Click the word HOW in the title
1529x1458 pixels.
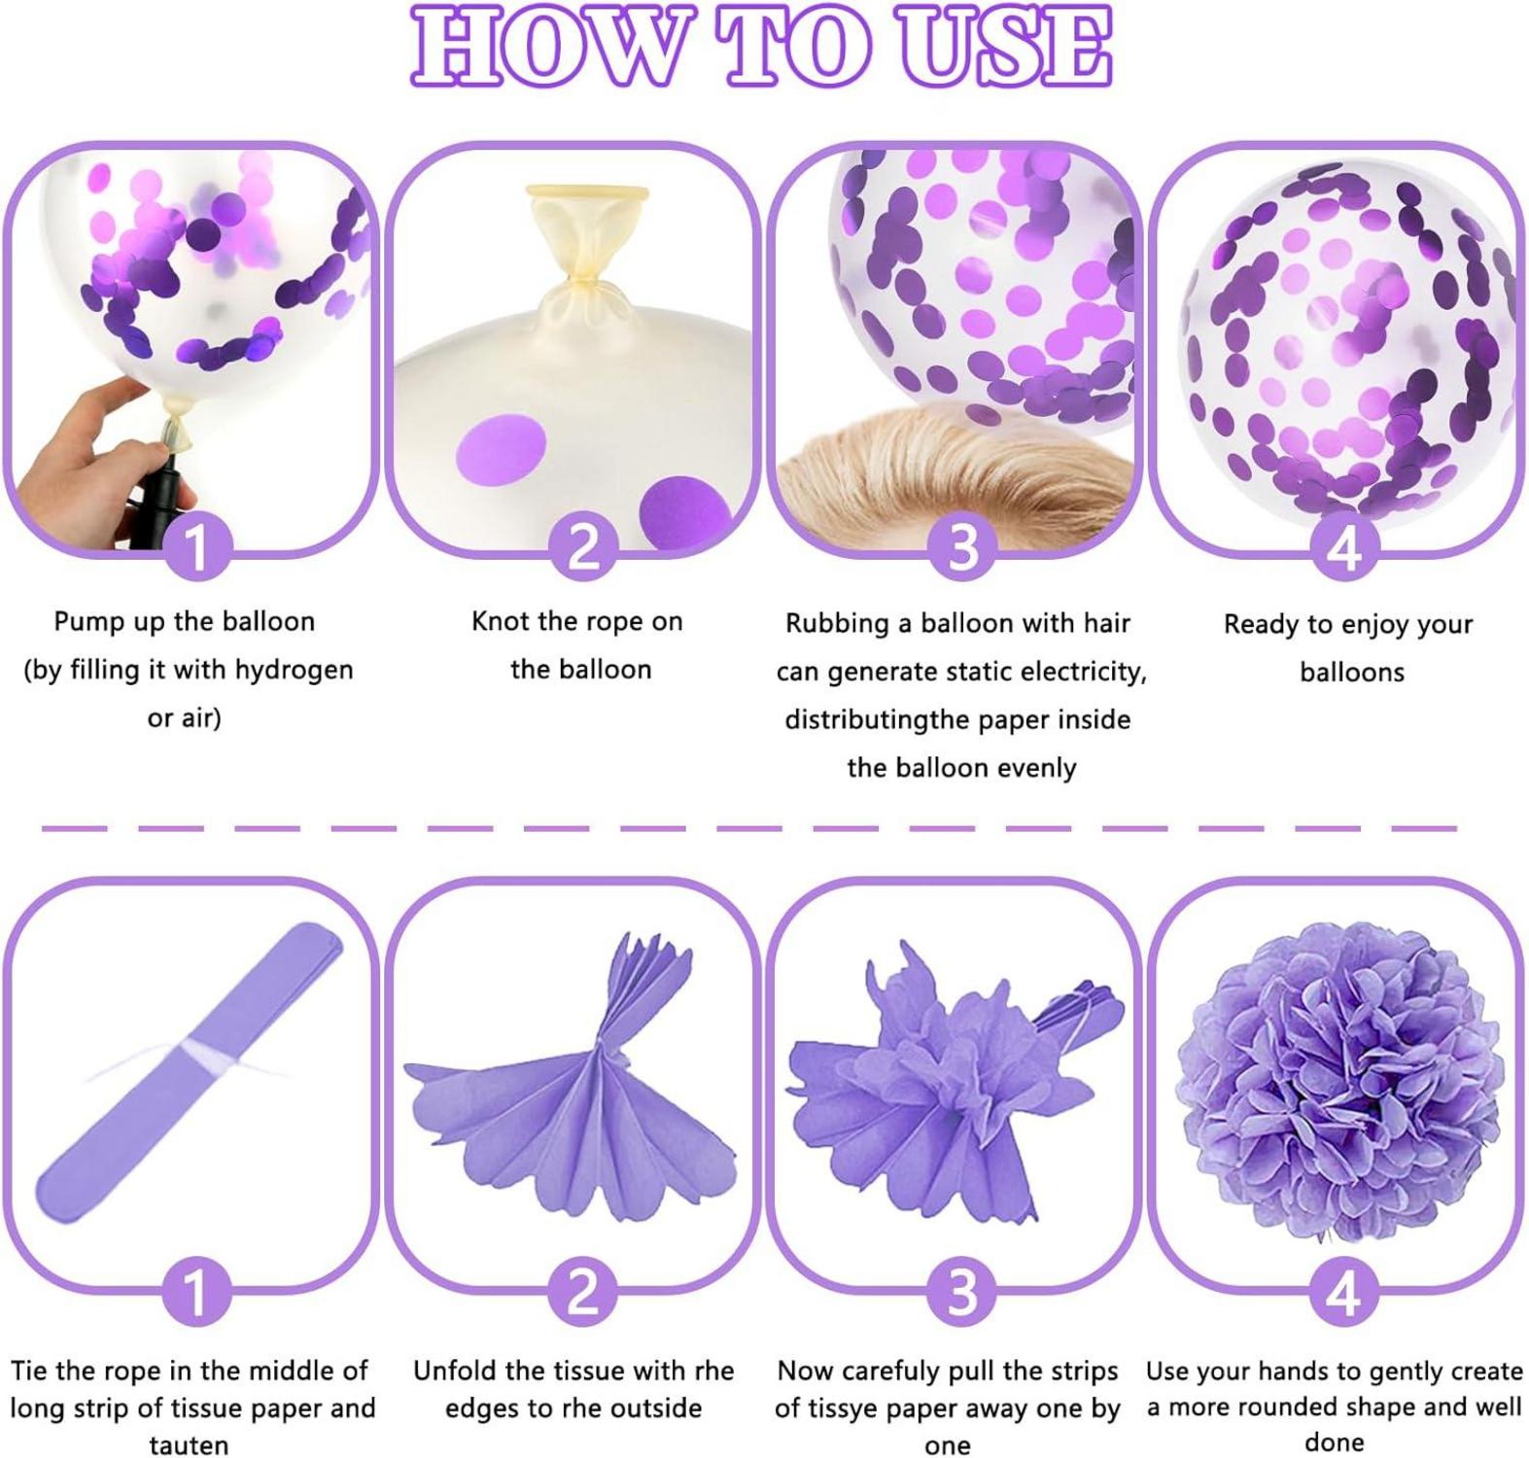pos(547,46)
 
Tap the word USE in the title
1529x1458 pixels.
pos(1005,46)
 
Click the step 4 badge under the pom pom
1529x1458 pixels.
pos(1344,1293)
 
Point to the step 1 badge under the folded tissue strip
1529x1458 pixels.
pos(197,1293)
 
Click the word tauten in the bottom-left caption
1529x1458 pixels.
pos(189,1445)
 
